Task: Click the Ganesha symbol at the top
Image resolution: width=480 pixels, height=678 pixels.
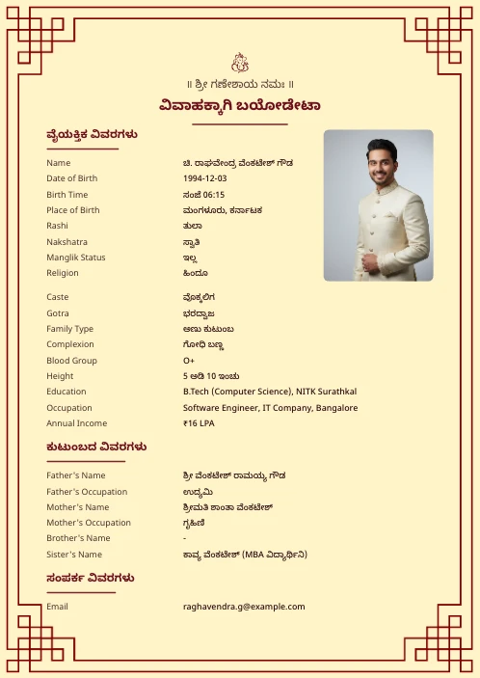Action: tap(240, 63)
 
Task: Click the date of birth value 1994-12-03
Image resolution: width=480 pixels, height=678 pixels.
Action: tap(204, 178)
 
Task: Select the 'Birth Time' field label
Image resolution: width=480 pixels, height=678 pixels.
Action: tap(67, 194)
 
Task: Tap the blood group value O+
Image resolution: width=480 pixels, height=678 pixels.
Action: tap(189, 361)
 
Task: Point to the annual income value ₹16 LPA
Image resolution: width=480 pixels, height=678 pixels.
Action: tap(199, 423)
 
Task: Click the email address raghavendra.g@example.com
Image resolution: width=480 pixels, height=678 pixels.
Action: tap(243, 607)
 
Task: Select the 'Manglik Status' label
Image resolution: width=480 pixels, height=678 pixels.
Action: tap(75, 258)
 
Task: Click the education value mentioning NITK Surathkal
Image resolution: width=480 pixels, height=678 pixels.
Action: tap(269, 392)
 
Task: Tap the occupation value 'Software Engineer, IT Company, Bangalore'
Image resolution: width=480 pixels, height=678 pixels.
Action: tap(270, 408)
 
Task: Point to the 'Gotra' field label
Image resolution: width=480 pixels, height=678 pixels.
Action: tap(58, 313)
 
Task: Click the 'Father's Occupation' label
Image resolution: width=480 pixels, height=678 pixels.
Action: tap(86, 492)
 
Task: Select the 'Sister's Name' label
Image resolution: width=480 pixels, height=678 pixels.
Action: tap(73, 555)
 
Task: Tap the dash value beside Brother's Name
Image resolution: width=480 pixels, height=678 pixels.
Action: tap(185, 538)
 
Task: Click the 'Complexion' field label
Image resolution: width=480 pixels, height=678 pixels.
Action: tap(70, 344)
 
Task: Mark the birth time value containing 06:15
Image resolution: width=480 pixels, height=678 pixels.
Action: tap(203, 194)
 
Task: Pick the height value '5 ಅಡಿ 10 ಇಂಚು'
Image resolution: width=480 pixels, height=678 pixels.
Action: tap(211, 376)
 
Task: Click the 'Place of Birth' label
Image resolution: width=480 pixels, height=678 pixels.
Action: tap(72, 210)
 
